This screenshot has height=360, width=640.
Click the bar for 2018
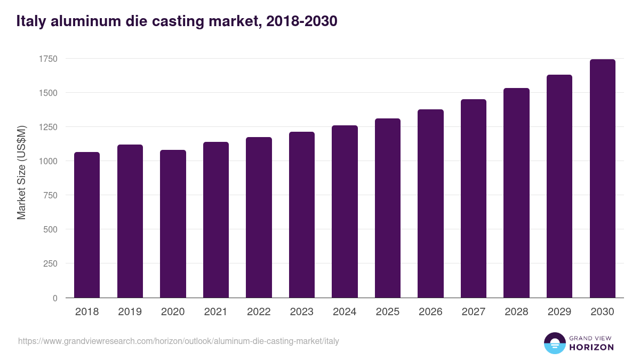pyautogui.click(x=87, y=225)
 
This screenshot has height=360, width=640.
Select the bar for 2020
pyautogui.click(x=173, y=223)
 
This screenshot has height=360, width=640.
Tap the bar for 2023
pyautogui.click(x=302, y=214)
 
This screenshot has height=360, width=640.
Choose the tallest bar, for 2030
pyautogui.click(x=602, y=178)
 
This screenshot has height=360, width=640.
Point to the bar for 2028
pyautogui.click(x=516, y=193)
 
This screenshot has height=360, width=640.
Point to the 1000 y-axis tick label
pyautogui.click(x=47, y=161)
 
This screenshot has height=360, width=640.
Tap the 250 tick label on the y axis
pyautogui.click(x=49, y=263)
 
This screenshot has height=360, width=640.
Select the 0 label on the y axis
pyautogui.click(x=55, y=298)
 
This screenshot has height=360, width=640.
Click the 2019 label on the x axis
pyautogui.click(x=130, y=312)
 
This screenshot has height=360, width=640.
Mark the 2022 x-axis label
pyautogui.click(x=259, y=312)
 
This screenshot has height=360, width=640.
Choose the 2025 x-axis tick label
pyautogui.click(x=387, y=312)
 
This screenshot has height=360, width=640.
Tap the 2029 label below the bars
pyautogui.click(x=559, y=312)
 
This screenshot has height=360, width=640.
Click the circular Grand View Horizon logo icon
pyautogui.click(x=554, y=343)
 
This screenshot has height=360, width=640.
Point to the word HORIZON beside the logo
pyautogui.click(x=591, y=347)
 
